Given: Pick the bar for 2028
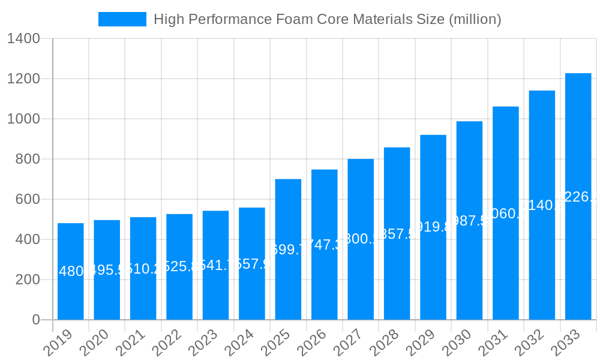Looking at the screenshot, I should click(397, 233).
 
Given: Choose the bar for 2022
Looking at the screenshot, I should click(179, 266).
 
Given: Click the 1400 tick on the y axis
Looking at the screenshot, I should click(23, 39).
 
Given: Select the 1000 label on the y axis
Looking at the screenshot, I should click(23, 119).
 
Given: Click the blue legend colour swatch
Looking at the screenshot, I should click(122, 19).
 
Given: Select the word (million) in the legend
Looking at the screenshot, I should click(474, 19).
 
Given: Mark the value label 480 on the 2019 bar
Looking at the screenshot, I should click(71, 271).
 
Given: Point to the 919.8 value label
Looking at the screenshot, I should click(433, 227).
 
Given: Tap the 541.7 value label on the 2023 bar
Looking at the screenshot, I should click(215, 265).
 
